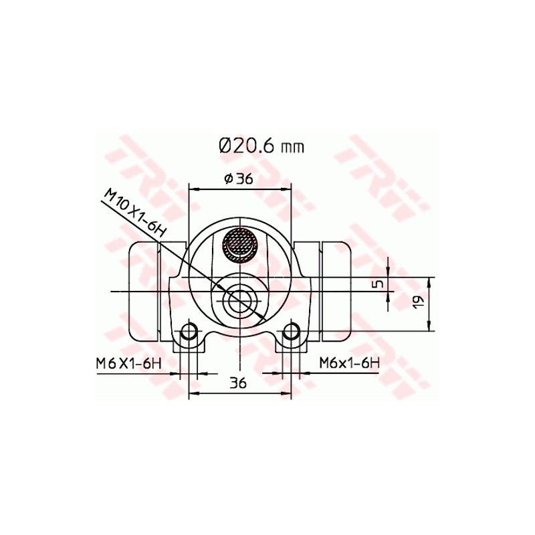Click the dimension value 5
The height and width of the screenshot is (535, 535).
click(378, 284)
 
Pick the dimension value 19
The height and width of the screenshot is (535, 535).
click(418, 302)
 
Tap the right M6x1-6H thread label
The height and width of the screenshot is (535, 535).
click(349, 363)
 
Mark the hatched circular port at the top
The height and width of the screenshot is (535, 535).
click(239, 246)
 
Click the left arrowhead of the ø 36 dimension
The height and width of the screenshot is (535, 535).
click(193, 189)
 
